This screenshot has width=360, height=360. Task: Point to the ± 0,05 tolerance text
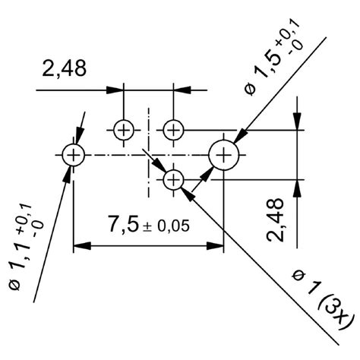click(165, 226)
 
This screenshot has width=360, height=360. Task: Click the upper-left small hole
click(124, 130)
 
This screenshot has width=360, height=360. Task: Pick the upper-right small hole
click(174, 130)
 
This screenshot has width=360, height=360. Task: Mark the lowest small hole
click(174, 179)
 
